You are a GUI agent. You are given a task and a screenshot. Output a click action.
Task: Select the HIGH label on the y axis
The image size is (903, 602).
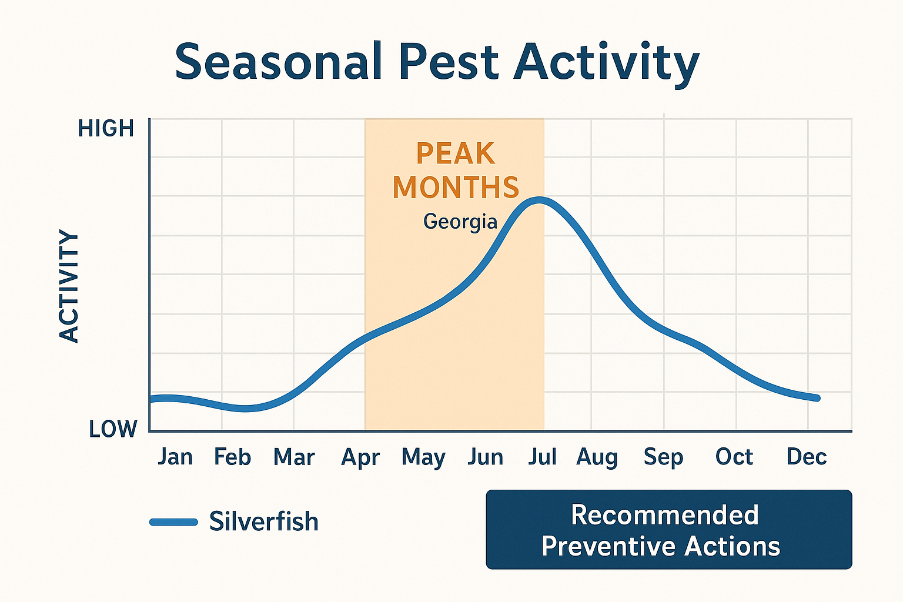[106, 129]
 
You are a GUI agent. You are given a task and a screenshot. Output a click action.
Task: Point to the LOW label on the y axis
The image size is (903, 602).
[113, 430]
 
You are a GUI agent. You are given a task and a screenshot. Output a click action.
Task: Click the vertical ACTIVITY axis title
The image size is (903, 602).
[69, 286]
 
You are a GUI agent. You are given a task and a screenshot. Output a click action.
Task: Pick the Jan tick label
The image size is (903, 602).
[175, 457]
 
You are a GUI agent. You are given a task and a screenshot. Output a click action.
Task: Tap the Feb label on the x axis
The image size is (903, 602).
[232, 457]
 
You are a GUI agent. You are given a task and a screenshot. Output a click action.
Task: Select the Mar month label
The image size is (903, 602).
[294, 457]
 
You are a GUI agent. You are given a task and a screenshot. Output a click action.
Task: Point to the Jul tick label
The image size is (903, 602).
[542, 457]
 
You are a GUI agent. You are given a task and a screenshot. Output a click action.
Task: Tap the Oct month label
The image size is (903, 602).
[734, 457]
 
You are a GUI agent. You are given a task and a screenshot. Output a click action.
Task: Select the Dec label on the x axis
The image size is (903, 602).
[807, 457]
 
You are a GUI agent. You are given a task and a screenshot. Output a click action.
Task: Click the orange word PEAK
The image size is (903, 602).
[456, 154]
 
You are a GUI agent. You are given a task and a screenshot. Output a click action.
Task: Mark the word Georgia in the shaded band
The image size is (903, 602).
[460, 222]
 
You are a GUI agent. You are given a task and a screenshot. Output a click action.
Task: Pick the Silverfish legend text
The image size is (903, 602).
[263, 521]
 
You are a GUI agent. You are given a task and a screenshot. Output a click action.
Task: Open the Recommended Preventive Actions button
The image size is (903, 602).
[668, 530]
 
